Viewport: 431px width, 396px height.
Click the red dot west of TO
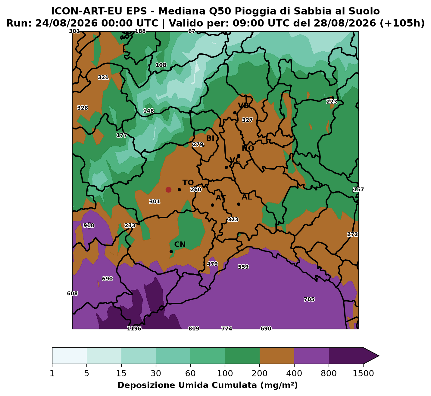pos(168,190)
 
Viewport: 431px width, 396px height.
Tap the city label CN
pos(180,244)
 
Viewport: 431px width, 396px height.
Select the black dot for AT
pos(212,205)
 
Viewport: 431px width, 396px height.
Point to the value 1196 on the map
pos(134,328)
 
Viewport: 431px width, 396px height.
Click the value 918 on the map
pos(89,225)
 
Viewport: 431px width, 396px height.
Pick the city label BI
pos(210,138)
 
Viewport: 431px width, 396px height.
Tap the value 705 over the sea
pos(309,299)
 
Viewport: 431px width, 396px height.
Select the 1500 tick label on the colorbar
pos(363,373)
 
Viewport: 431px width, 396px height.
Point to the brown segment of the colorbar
pos(277,356)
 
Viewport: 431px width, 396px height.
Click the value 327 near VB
pos(247,120)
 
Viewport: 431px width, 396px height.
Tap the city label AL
pos(247,197)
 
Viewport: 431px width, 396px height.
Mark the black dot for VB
pos(235,113)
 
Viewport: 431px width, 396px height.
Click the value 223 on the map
pos(332,102)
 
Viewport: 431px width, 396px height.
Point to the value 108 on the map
pos(161,65)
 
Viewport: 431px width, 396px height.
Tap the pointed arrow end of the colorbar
pos(379,356)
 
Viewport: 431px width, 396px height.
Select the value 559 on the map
pos(243,267)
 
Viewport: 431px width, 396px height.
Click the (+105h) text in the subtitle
pos(402,23)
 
